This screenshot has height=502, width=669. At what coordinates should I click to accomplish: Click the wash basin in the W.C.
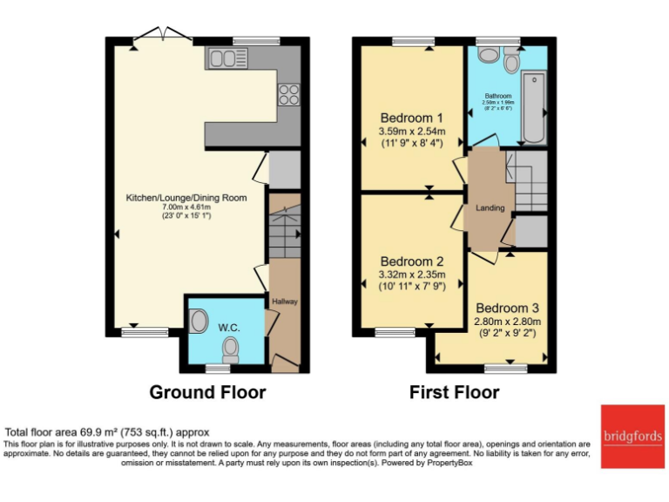point(198,322)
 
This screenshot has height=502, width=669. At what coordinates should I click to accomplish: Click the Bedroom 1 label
point(412,118)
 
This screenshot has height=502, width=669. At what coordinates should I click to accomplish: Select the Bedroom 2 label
point(412,261)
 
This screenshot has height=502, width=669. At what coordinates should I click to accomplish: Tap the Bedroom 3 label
point(508,308)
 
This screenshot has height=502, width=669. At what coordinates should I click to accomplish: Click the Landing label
point(490,208)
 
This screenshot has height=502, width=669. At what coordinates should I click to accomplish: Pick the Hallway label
point(285,302)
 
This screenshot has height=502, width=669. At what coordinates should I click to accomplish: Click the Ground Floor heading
point(207,392)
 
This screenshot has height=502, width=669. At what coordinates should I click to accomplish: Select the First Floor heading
point(455,392)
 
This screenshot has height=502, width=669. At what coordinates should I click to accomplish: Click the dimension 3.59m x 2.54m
point(412,132)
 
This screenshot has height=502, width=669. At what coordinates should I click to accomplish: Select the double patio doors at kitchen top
point(163,36)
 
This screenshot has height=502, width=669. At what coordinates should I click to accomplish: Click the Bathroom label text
point(498,96)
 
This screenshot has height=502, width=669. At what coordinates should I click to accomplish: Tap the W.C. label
point(229,327)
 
